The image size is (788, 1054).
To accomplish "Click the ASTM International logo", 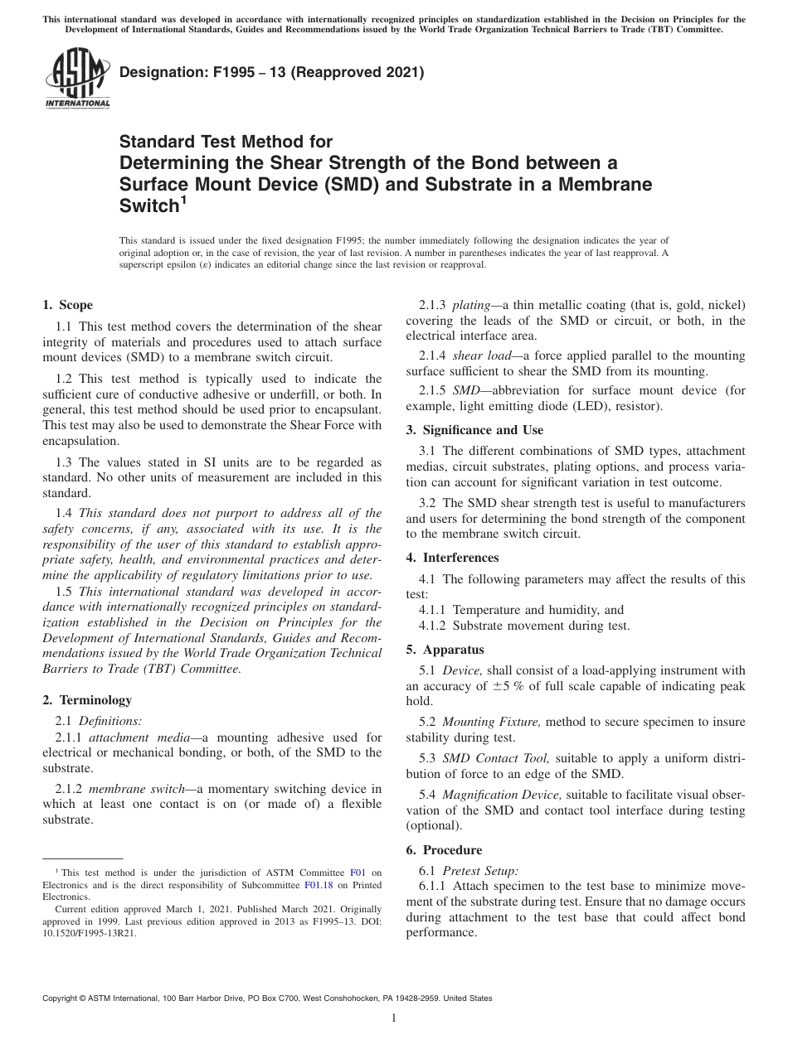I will [x=76, y=79].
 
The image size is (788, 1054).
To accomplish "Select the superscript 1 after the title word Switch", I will [x=183, y=198].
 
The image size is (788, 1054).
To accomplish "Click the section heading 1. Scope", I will [x=67, y=305].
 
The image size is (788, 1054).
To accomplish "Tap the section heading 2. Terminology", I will [x=86, y=700].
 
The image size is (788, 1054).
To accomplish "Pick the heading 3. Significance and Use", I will [x=474, y=430].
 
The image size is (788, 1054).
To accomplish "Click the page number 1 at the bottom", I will [x=394, y=1018].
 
